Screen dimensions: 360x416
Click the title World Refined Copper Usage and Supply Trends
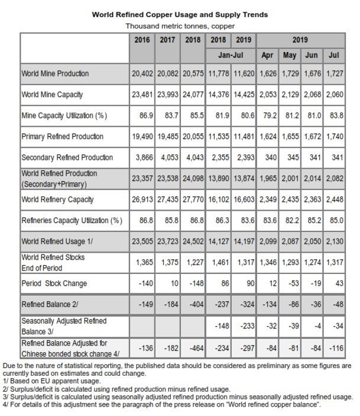180,15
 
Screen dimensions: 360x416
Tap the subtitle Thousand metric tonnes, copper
180,26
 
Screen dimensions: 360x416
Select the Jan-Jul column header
231,55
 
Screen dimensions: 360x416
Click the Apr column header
267,55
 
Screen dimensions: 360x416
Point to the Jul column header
334,55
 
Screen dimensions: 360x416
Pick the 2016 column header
142,40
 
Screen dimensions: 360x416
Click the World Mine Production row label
55,73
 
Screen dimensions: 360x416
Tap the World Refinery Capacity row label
57,199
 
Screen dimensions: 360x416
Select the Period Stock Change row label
54,283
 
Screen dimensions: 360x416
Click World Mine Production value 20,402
142,73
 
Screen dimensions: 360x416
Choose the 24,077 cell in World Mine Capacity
193,95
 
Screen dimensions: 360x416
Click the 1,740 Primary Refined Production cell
335,136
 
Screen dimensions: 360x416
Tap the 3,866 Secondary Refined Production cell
144,157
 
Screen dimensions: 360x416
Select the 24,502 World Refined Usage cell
193,241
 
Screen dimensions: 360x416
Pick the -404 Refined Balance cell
196,304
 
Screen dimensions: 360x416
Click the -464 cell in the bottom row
196,348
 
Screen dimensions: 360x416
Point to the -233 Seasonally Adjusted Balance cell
247,326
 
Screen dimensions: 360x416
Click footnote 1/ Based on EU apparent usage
51,381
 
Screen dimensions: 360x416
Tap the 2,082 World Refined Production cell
335,178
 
